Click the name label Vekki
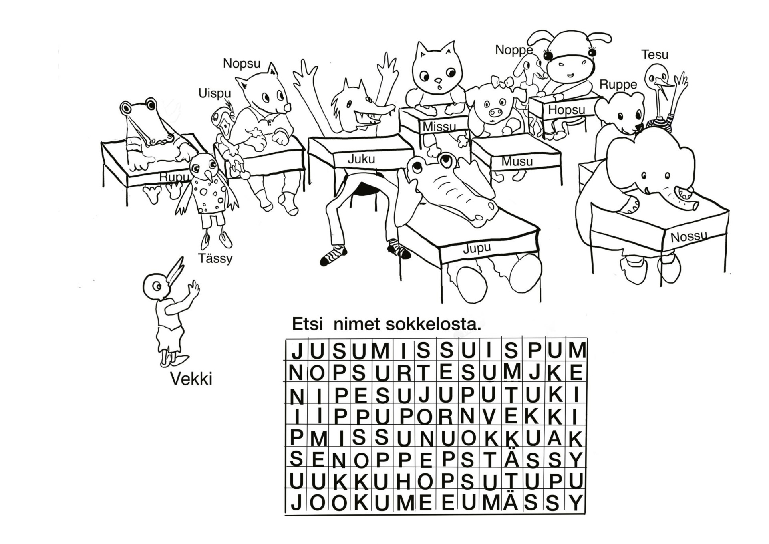click(x=191, y=379)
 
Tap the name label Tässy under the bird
click(x=215, y=258)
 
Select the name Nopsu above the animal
click(x=242, y=63)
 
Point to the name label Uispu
click(x=215, y=93)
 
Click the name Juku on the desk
click(x=361, y=159)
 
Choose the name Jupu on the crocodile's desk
click(x=477, y=248)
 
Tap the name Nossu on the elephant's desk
click(x=688, y=237)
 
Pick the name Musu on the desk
click(x=517, y=161)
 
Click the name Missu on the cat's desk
click(x=439, y=127)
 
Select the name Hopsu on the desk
click(x=566, y=109)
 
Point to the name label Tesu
click(x=655, y=54)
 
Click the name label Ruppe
click(x=618, y=85)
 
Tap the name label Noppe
click(x=514, y=50)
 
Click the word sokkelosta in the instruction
click(x=433, y=324)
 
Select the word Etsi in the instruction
click(x=308, y=324)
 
